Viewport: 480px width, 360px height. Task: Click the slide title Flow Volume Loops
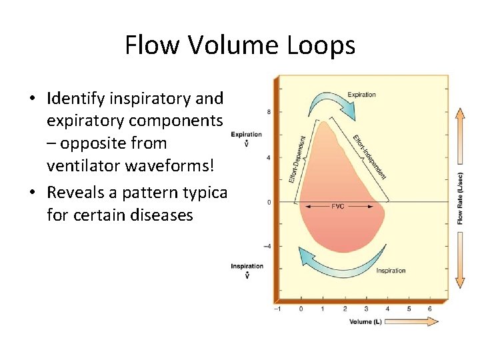(x=240, y=46)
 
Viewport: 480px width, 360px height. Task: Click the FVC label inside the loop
(x=338, y=207)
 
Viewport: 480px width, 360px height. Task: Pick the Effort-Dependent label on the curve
(x=297, y=159)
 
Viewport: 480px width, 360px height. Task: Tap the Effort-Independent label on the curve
(x=370, y=157)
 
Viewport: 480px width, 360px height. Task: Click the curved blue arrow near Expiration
(x=327, y=103)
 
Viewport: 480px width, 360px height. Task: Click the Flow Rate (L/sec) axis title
(x=461, y=199)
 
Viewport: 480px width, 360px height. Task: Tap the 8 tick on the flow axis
(x=269, y=112)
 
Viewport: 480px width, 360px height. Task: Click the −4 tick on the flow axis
(x=267, y=247)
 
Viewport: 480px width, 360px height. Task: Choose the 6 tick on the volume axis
(x=430, y=309)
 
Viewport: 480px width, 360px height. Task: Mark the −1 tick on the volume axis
(x=278, y=309)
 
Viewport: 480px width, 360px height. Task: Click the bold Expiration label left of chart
(x=246, y=135)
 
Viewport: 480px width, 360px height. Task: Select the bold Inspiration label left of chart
(x=246, y=267)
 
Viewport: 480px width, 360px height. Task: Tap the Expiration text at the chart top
(x=361, y=95)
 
